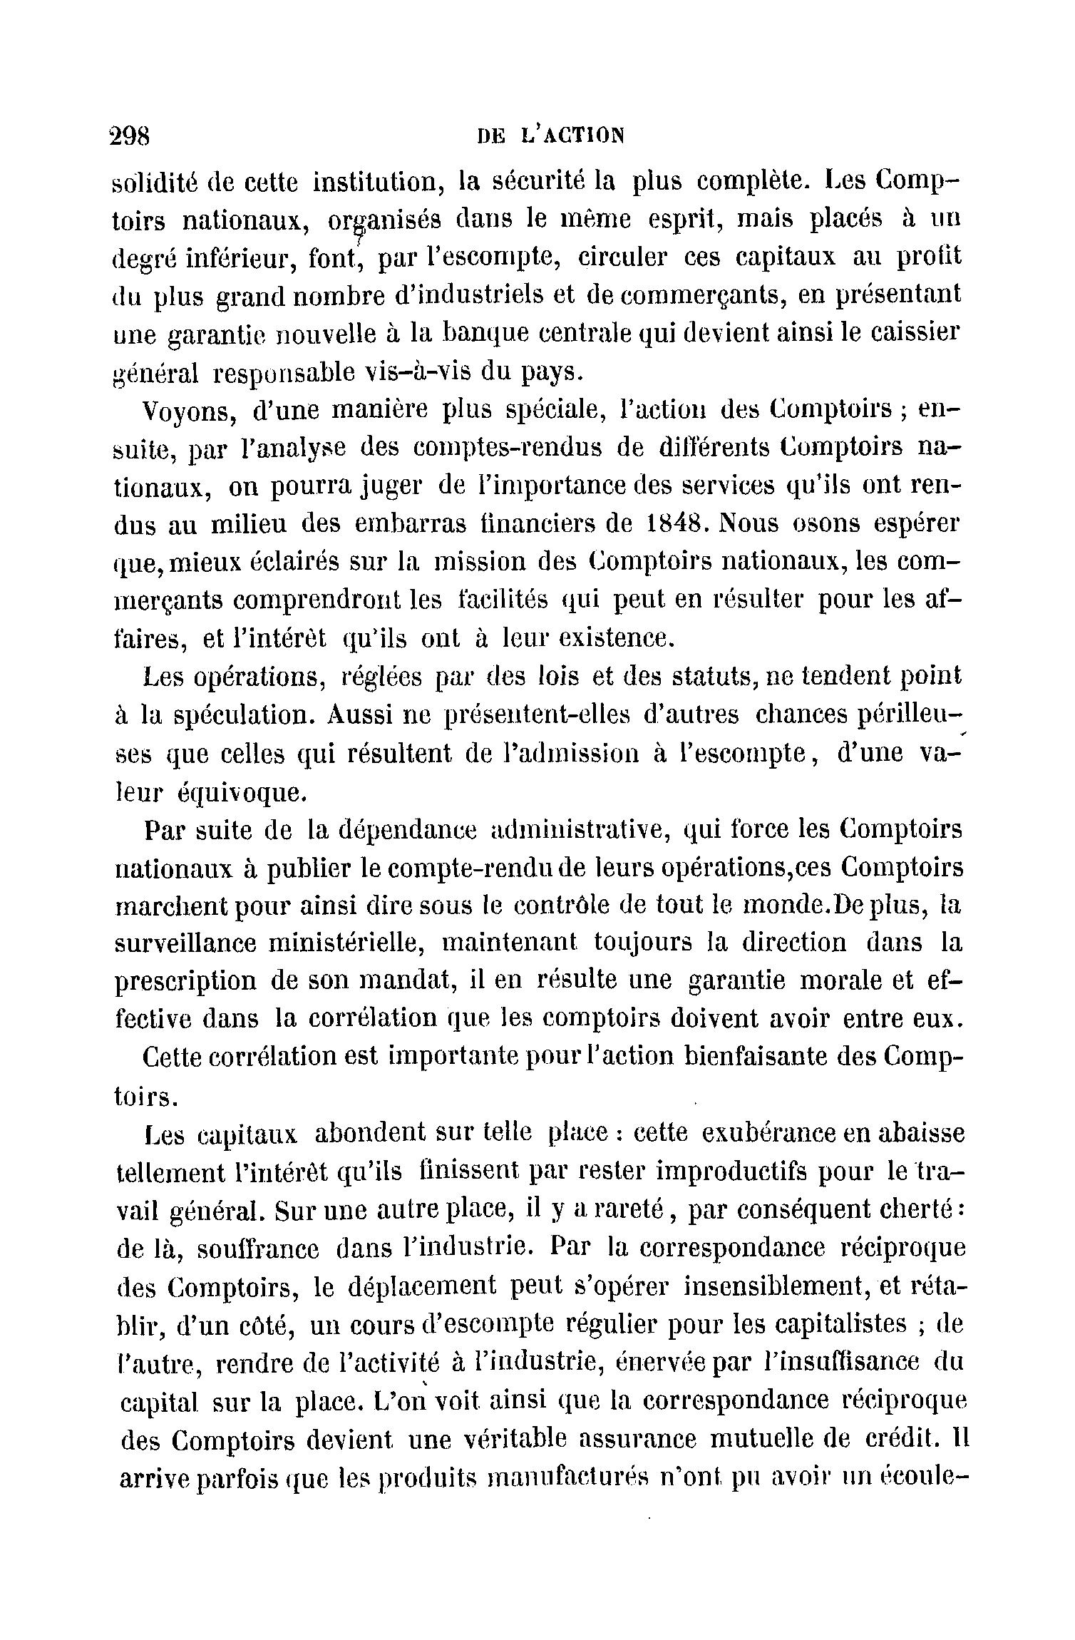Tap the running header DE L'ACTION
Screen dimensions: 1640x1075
550,135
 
